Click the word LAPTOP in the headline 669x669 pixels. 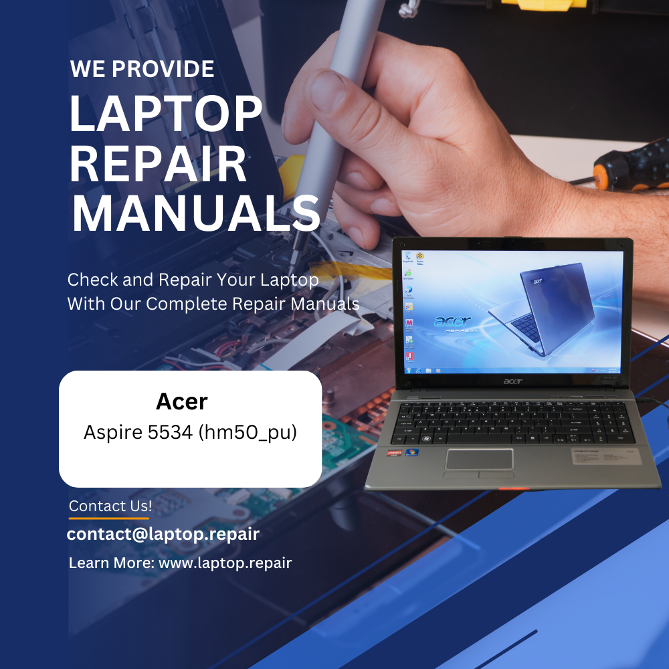coord(165,113)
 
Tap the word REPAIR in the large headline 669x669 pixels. coord(158,165)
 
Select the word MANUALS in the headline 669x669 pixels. coord(196,213)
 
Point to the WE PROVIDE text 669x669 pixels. coord(142,69)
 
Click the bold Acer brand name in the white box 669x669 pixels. coord(182,401)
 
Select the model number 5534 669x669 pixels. coord(170,432)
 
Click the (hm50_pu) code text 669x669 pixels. coord(248,433)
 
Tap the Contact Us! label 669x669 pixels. coord(110,506)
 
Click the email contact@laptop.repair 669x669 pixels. coord(163,534)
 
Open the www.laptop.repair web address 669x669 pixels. coord(225,563)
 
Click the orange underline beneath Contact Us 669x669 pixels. coord(109,518)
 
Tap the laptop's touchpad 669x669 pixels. coord(479,460)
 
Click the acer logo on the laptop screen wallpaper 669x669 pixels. coord(452,321)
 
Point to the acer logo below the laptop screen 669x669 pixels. coord(512,381)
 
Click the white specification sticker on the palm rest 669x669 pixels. coord(606,456)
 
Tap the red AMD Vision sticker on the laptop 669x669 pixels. coord(394,453)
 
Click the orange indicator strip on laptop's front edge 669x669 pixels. coord(514,488)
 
